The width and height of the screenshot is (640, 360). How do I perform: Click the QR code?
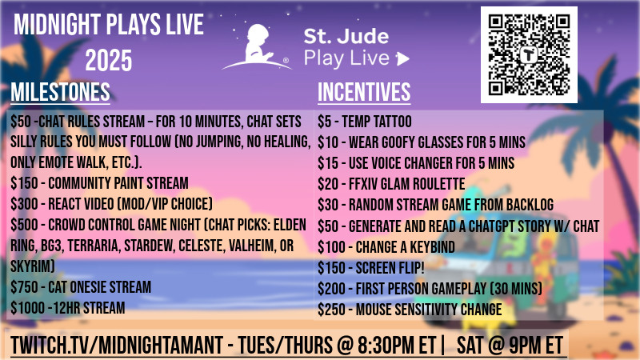click(x=529, y=54)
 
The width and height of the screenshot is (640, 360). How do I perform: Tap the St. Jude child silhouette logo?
click(x=257, y=46)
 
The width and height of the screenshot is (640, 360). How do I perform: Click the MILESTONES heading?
click(x=61, y=92)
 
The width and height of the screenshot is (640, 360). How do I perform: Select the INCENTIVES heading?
click(x=364, y=92)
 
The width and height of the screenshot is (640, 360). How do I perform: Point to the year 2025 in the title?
click(x=109, y=61)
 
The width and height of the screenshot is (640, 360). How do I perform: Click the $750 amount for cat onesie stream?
click(x=24, y=287)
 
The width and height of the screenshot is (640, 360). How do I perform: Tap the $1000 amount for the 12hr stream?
click(x=27, y=308)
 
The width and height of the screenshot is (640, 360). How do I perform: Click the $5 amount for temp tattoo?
click(x=325, y=122)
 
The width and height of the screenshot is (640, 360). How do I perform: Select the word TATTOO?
click(x=393, y=122)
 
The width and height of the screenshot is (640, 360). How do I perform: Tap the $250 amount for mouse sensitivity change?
click(x=331, y=310)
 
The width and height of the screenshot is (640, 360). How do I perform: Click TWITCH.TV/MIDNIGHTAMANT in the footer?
click(x=117, y=346)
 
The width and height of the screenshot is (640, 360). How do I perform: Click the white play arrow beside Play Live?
click(x=402, y=58)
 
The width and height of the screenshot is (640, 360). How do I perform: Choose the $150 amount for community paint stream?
click(x=24, y=183)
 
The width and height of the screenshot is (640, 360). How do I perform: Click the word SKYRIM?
click(x=33, y=266)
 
